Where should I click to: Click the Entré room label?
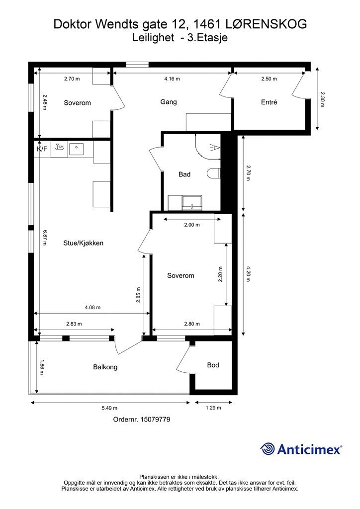click(269, 102)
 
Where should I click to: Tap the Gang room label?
click(169, 102)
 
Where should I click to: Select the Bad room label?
click(184, 174)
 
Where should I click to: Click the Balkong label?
click(105, 367)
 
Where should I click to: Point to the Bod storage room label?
click(213, 365)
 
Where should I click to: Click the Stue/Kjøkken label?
click(83, 243)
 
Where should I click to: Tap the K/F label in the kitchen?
click(41, 149)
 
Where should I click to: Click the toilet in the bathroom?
click(214, 174)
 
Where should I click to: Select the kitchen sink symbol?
click(59, 148)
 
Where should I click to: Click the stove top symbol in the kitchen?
click(77, 148)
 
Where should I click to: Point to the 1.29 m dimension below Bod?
click(213, 409)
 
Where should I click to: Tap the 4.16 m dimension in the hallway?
click(172, 79)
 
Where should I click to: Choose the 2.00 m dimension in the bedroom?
click(191, 225)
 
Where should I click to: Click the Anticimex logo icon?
click(268, 449)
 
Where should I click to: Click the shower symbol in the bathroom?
click(213, 147)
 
